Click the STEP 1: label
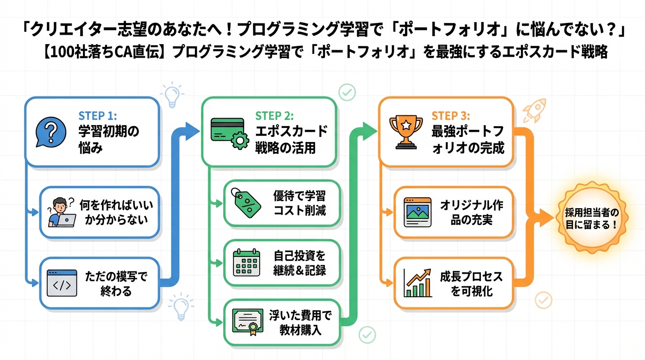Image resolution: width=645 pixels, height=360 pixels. tap(97, 116)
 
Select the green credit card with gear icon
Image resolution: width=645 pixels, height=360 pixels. tap(229, 133)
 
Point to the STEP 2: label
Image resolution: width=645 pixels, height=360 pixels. tap(274, 116)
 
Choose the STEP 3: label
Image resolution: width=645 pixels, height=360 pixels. tap(450, 116)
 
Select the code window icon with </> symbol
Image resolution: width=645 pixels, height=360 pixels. tap(62, 283)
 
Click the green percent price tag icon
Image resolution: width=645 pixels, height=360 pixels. tap(247, 202)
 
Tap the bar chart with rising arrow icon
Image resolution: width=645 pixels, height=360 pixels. tap(418, 283)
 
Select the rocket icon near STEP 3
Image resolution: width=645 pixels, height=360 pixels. tap(535, 110)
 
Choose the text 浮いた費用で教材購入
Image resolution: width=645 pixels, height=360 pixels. tap(300, 322)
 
